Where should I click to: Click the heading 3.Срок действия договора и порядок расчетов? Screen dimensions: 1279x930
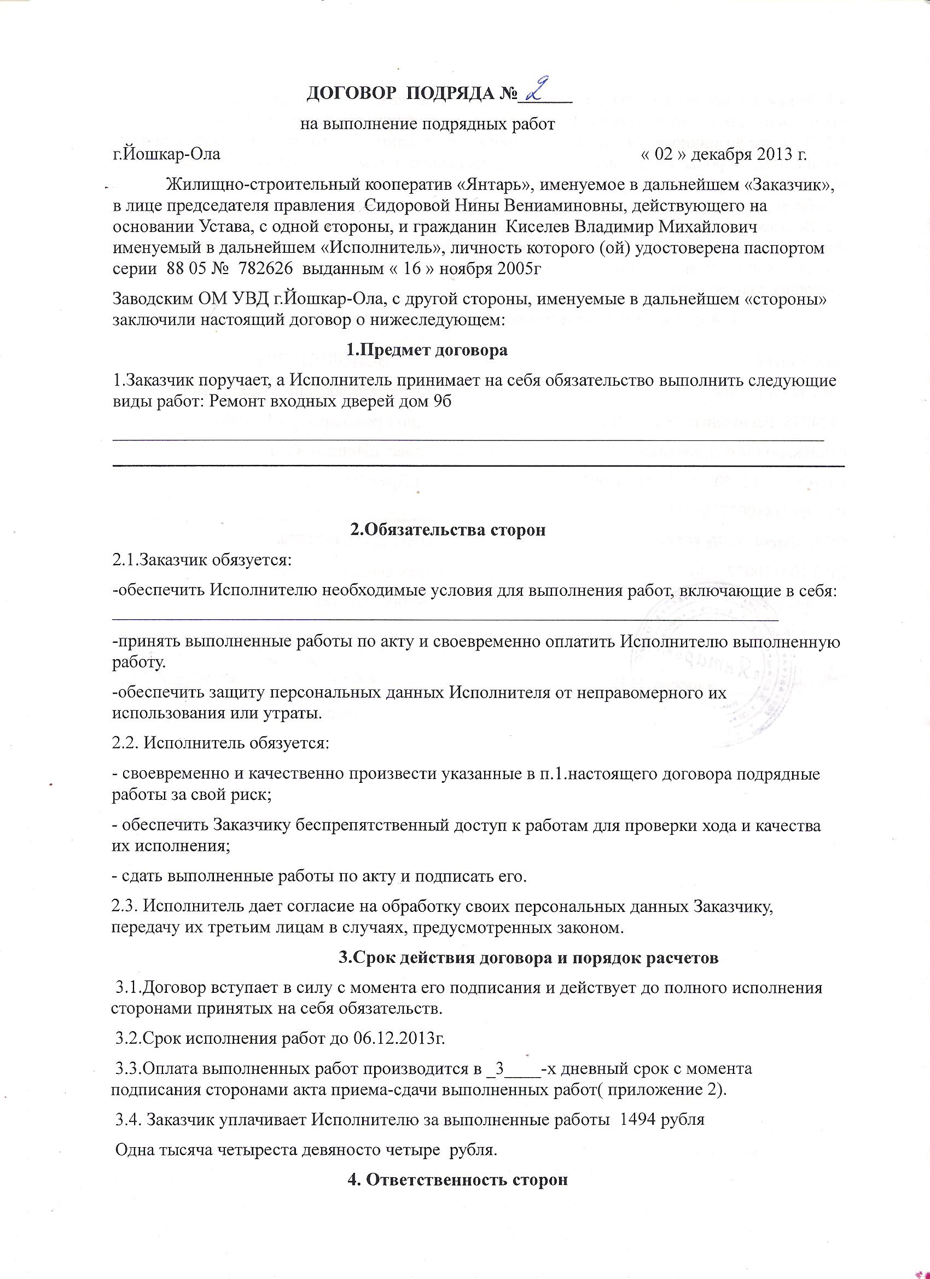click(528, 957)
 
